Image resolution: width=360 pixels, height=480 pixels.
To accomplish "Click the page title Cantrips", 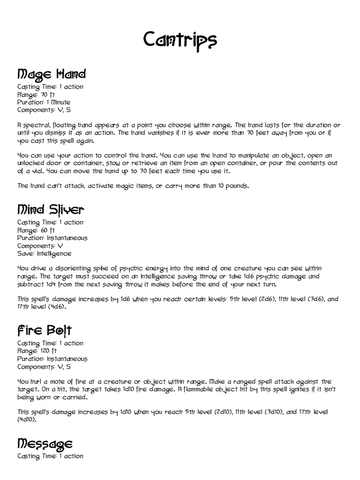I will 180,42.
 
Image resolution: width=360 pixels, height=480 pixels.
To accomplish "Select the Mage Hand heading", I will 52,74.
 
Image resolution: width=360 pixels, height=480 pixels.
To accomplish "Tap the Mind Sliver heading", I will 51,210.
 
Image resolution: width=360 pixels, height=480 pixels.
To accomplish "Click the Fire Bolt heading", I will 44,330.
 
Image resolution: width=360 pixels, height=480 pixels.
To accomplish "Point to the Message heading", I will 45,443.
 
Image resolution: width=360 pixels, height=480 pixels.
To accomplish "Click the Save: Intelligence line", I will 44,253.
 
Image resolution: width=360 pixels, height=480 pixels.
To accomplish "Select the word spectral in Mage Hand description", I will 36,126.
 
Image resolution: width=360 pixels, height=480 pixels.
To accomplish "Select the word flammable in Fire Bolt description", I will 207,390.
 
